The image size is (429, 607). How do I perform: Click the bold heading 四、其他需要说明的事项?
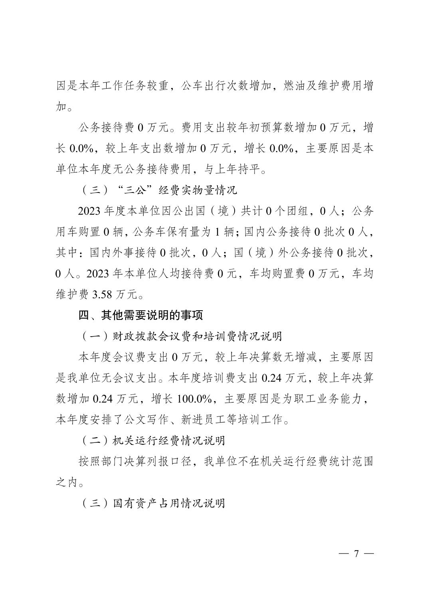(x=141, y=315)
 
